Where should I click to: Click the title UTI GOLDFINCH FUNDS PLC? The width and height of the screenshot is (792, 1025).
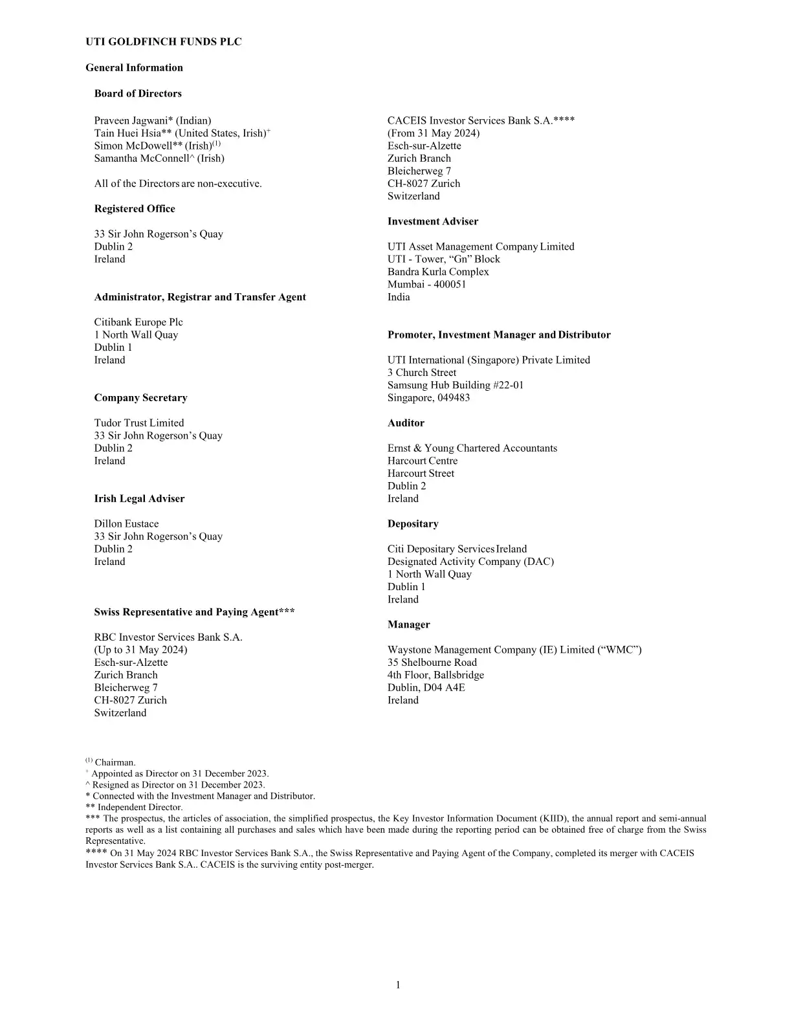[x=164, y=42]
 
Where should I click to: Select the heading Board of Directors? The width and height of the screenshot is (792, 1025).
[x=138, y=93]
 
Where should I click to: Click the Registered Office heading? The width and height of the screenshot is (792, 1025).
[x=135, y=208]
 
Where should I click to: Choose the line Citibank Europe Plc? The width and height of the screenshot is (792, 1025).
[x=138, y=322]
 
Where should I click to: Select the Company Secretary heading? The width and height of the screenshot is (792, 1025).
[x=140, y=397]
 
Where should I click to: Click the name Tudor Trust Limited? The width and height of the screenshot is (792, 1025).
[x=139, y=423]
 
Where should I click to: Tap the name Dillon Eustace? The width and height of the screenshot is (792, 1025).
[x=126, y=524]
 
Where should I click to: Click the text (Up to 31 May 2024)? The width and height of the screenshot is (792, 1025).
[x=140, y=650]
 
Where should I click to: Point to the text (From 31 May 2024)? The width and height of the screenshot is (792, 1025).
[x=434, y=133]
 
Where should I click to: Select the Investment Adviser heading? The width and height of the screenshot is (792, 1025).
[x=433, y=221]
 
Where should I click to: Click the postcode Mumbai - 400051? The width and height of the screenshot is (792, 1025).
[x=426, y=284]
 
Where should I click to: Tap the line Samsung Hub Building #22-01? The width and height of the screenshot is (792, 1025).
[x=456, y=385]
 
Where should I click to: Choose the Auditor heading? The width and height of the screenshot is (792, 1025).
[x=406, y=423]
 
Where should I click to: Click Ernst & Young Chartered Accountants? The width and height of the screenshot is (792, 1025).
[x=472, y=448]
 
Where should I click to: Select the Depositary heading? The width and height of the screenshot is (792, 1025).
[x=413, y=524]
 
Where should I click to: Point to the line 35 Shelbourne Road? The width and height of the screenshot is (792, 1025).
[x=432, y=662]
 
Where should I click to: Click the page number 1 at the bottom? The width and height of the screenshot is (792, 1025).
[x=398, y=985]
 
